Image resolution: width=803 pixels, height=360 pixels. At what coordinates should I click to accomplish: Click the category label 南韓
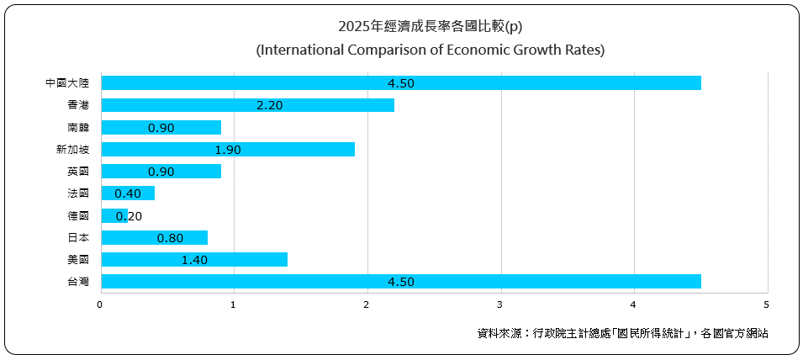point(78,127)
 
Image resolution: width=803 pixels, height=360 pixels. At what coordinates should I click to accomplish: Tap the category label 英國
point(78,171)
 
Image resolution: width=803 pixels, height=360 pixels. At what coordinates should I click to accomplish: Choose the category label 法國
point(78,193)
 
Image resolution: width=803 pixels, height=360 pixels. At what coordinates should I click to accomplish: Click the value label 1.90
point(228,149)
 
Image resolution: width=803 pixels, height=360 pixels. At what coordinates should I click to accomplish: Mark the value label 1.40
point(194,259)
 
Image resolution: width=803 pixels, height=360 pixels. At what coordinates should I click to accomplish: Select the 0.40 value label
point(128,193)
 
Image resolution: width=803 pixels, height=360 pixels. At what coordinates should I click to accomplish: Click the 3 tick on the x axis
point(500,304)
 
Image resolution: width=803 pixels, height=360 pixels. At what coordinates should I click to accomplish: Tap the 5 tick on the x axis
point(767,304)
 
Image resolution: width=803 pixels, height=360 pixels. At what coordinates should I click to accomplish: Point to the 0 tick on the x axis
point(100,304)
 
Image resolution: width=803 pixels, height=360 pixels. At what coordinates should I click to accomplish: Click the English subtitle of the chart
point(430,50)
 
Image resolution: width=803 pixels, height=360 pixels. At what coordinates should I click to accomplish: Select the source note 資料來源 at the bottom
point(622,334)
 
